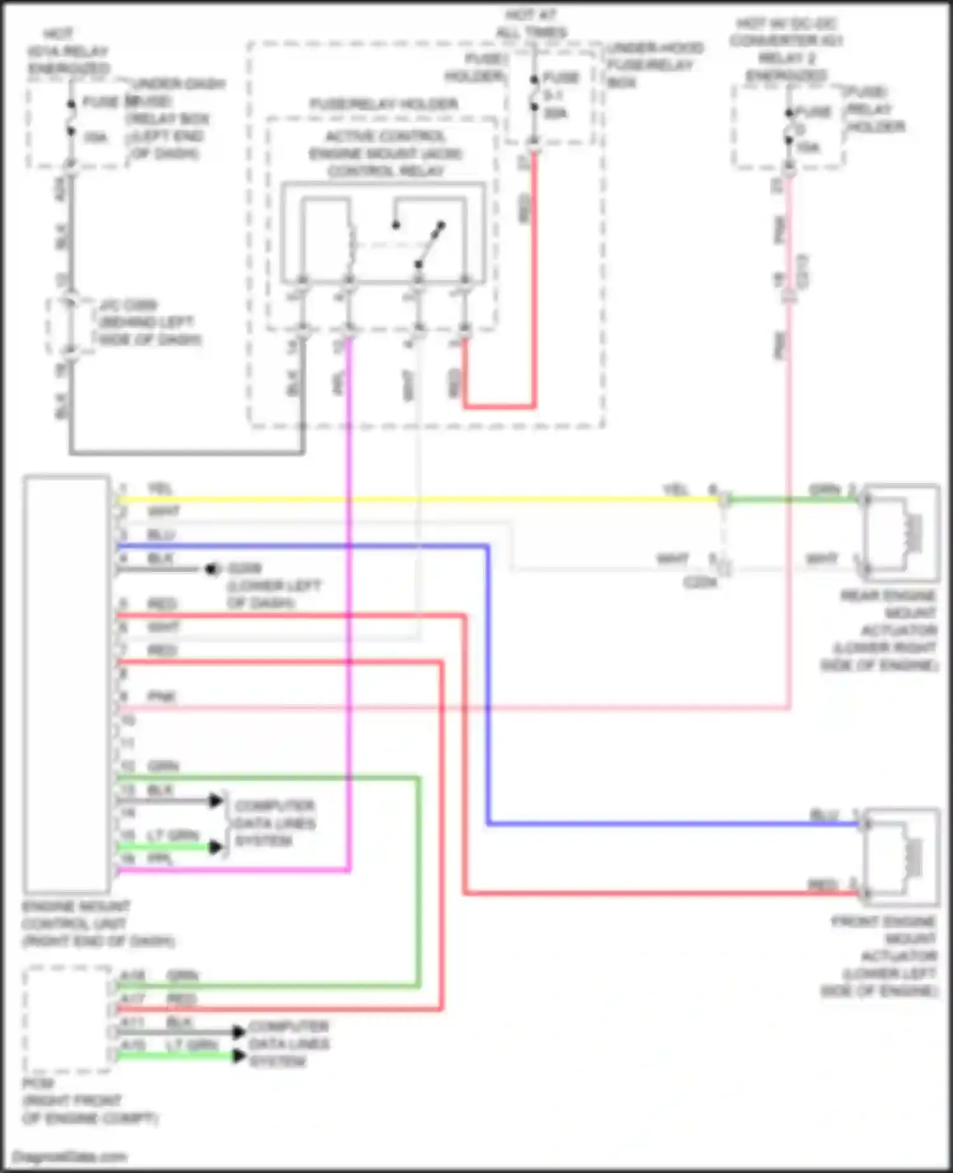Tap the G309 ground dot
pos(212,569)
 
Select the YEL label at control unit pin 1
pos(159,489)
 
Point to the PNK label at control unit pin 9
pos(161,696)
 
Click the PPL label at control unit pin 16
pos(160,858)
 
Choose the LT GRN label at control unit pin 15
pos(173,835)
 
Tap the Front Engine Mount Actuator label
pos(883,956)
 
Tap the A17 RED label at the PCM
pos(159,999)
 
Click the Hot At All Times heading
pos(531,24)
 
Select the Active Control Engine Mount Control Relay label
pos(385,154)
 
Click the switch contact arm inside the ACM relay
pos(430,244)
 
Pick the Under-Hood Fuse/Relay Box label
pos(654,65)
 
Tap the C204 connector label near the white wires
pos(700,582)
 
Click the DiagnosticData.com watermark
pos(70,1157)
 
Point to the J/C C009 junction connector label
pos(149,322)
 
